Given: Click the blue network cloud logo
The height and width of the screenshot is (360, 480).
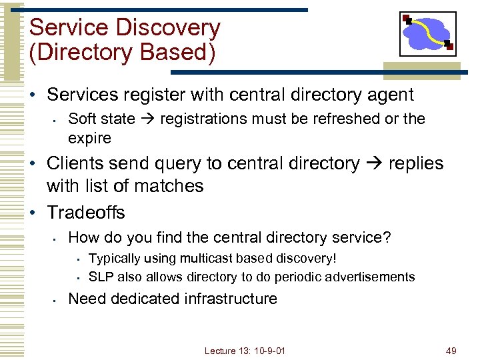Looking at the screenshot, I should click(427, 34).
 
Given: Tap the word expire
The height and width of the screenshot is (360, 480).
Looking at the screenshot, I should click(89, 138).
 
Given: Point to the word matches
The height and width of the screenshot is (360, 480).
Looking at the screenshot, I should click(170, 186).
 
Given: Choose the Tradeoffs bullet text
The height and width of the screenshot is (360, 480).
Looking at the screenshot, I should click(86, 213).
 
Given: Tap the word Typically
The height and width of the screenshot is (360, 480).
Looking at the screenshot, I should click(113, 258).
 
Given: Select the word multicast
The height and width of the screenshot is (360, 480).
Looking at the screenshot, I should click(201, 258).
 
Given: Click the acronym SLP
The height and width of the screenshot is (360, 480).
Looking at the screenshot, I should click(100, 277).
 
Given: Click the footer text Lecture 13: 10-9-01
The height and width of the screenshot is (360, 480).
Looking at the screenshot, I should click(245, 351).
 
